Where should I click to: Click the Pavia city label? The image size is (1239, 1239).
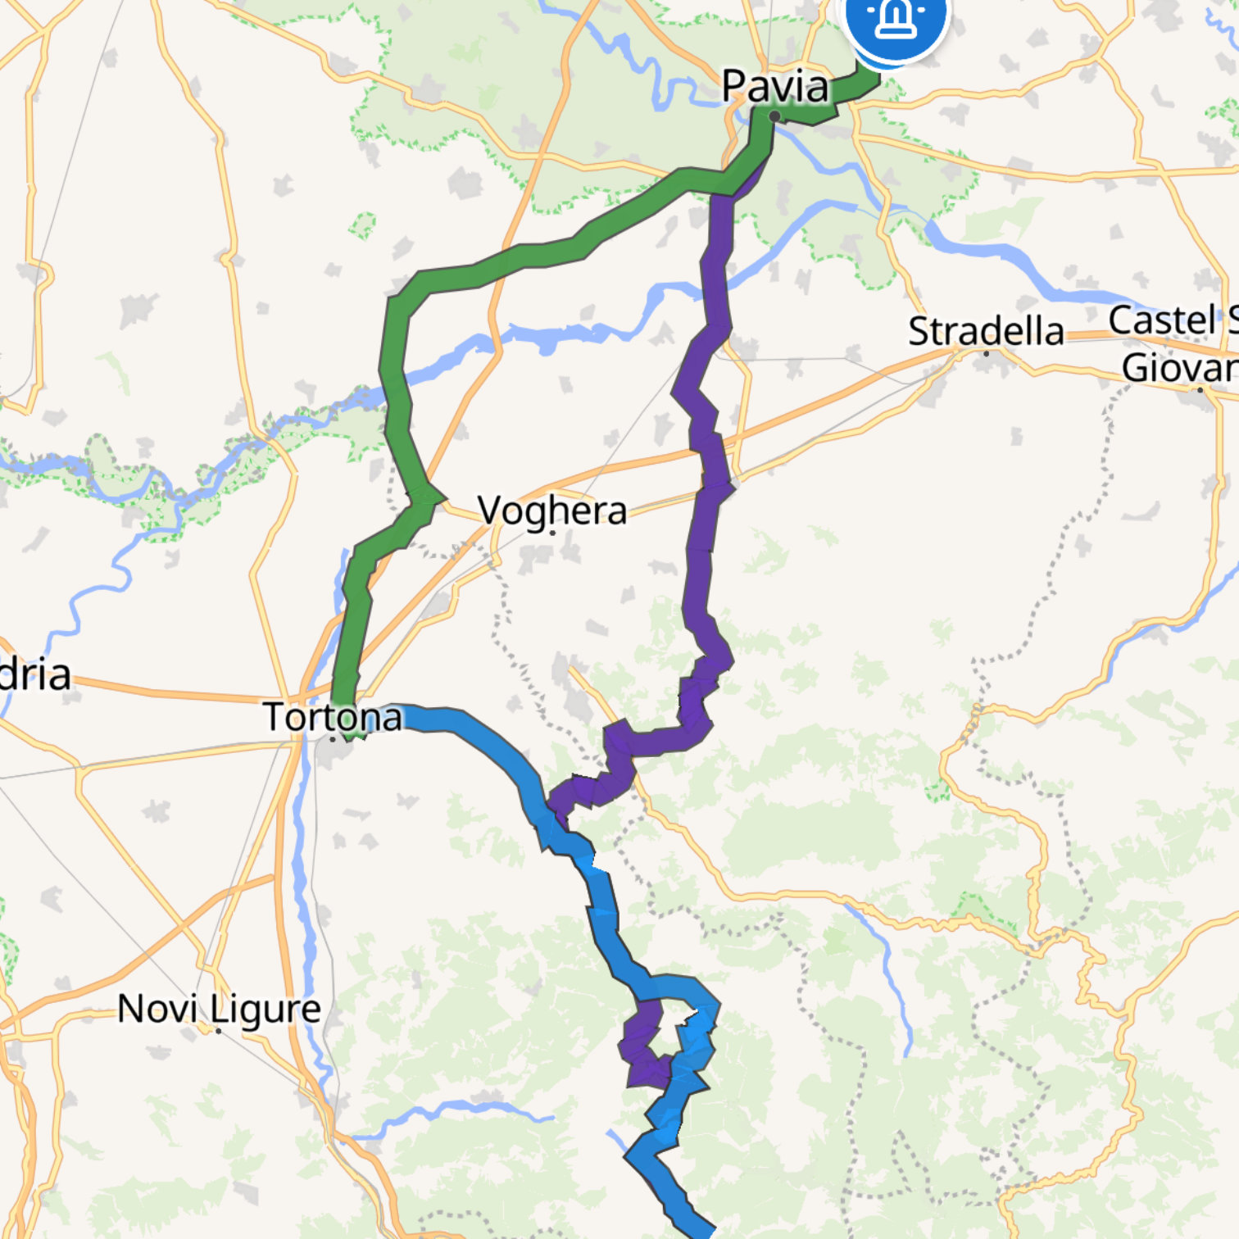coord(775,86)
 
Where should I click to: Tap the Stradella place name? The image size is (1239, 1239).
coord(986,331)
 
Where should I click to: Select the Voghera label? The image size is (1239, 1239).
coord(552,510)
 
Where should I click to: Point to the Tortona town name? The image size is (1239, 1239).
coord(334,717)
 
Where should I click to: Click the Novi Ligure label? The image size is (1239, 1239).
coord(219,1008)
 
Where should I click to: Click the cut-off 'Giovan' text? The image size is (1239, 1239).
coord(1180,368)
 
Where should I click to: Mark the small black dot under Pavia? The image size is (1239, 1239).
coord(774,116)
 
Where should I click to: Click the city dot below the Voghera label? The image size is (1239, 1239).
coord(553,533)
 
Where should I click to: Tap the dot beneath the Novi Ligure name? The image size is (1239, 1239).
coord(219,1030)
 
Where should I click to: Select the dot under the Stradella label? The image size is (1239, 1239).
coord(986,353)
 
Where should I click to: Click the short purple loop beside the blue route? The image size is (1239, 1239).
coord(643,1045)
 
